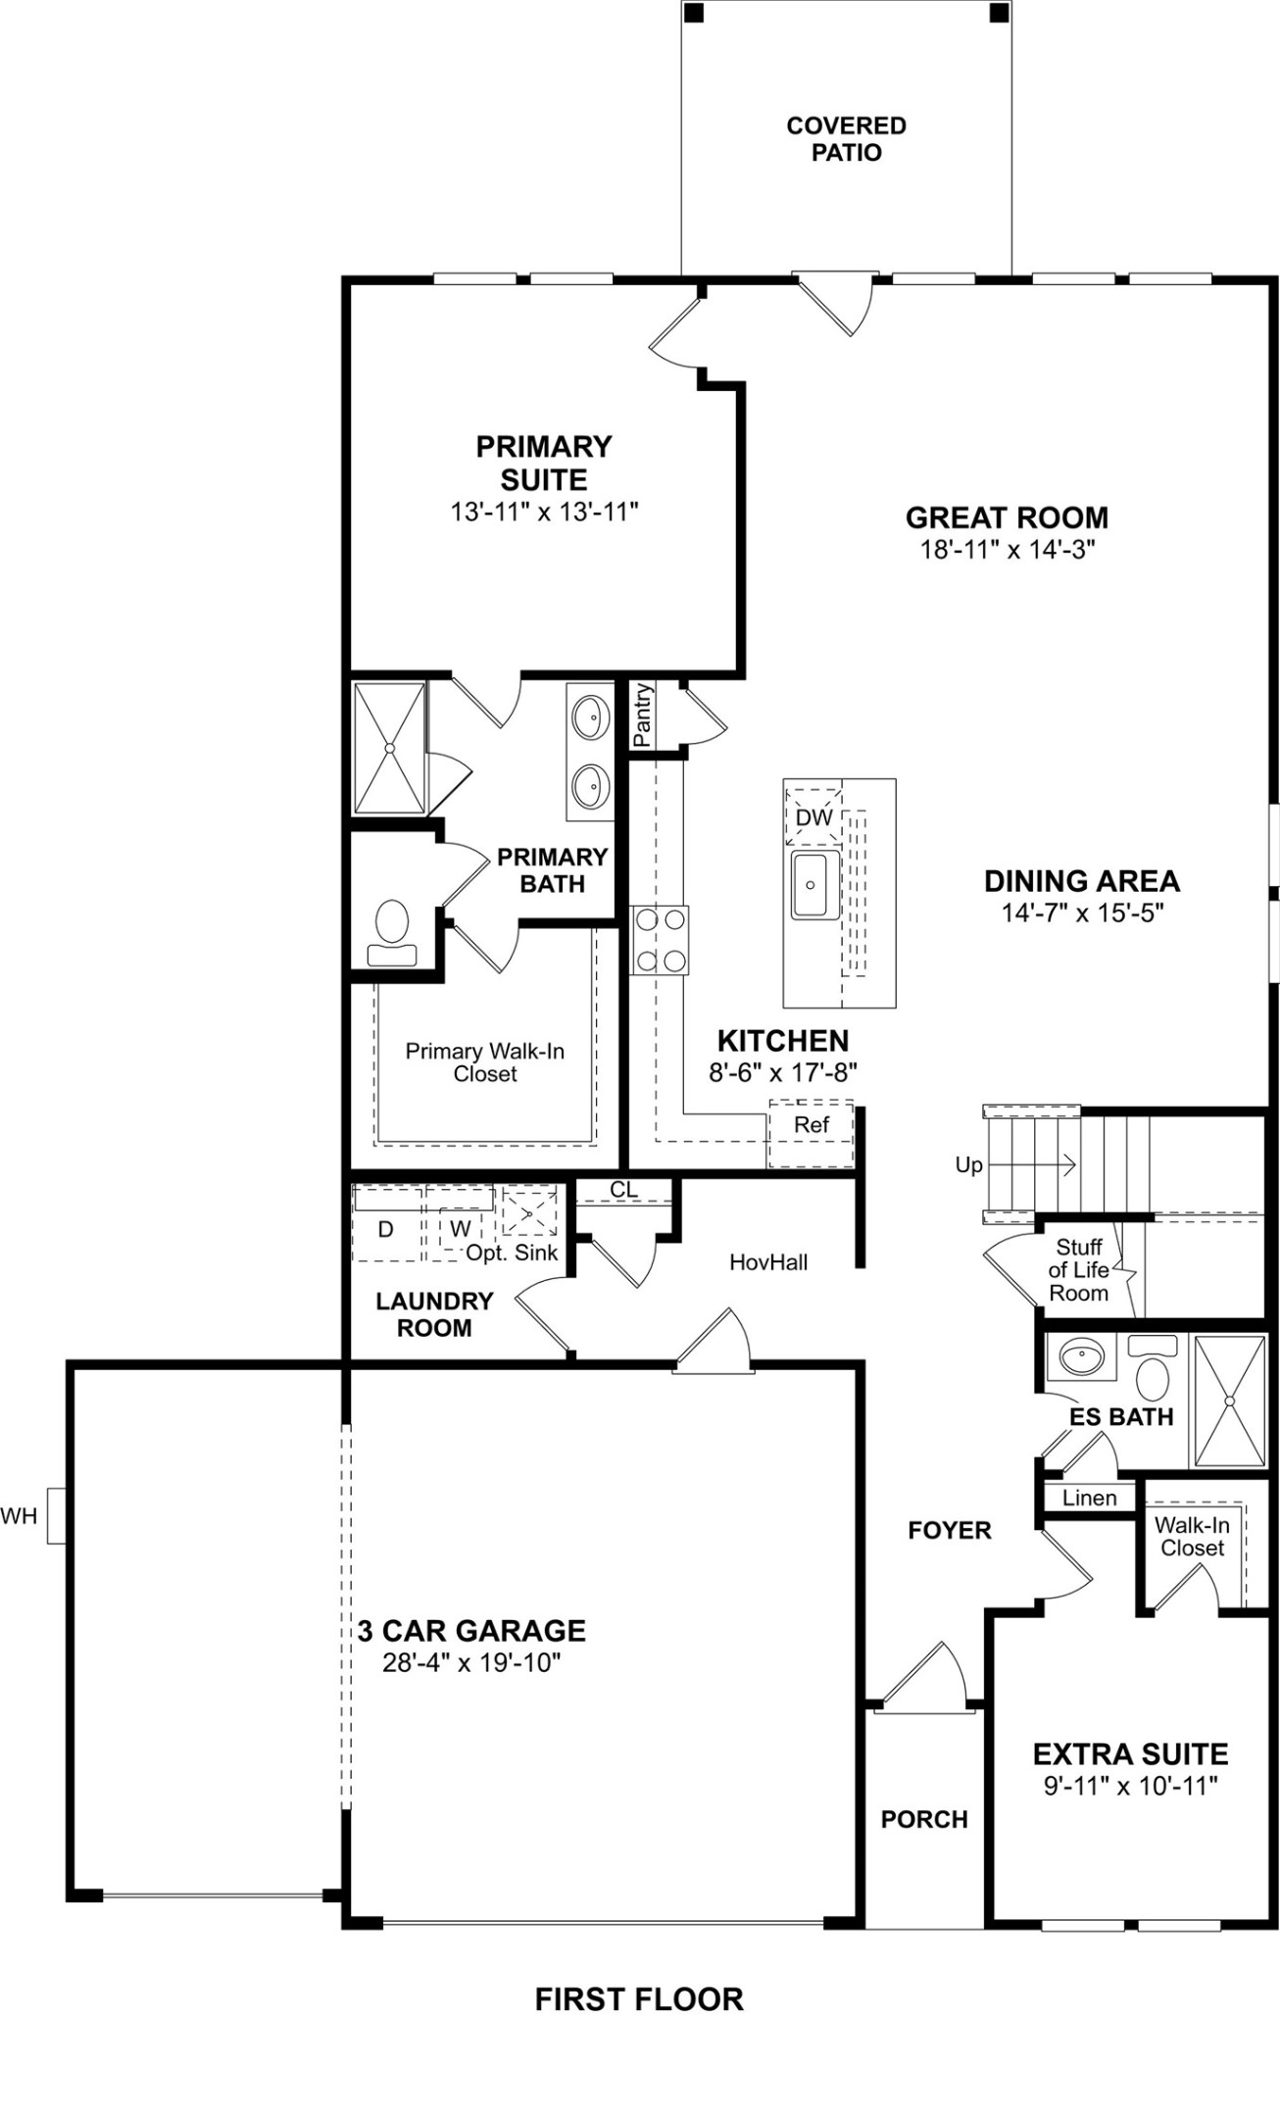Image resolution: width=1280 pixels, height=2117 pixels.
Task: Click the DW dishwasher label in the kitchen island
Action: [x=813, y=817]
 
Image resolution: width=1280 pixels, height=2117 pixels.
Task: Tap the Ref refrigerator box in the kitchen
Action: [x=811, y=1125]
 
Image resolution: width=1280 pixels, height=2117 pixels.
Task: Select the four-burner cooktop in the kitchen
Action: [x=660, y=940]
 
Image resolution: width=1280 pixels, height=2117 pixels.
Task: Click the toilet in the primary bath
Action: [x=392, y=933]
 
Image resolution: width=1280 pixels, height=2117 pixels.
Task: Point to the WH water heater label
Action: [x=19, y=1516]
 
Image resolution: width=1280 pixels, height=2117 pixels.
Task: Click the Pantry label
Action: [x=642, y=715]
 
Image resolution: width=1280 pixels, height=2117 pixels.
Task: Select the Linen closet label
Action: [x=1089, y=1498]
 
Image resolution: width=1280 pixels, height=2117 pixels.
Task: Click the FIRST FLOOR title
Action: [x=639, y=1999]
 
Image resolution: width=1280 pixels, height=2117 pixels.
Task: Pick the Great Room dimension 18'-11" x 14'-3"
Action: [x=1007, y=549]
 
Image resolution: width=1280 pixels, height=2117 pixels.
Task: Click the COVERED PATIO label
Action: [x=846, y=139]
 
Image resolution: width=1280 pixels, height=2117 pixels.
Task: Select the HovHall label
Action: [x=768, y=1262]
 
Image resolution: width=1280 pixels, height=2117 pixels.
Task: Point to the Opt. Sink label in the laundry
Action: [x=512, y=1253]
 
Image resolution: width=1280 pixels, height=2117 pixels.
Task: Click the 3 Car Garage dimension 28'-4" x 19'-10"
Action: [x=471, y=1663]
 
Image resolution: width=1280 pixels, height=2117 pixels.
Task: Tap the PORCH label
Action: [x=923, y=1820]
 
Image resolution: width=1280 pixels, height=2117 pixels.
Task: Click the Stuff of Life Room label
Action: [x=1078, y=1270]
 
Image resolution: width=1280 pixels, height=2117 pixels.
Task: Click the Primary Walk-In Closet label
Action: [x=485, y=1062]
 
